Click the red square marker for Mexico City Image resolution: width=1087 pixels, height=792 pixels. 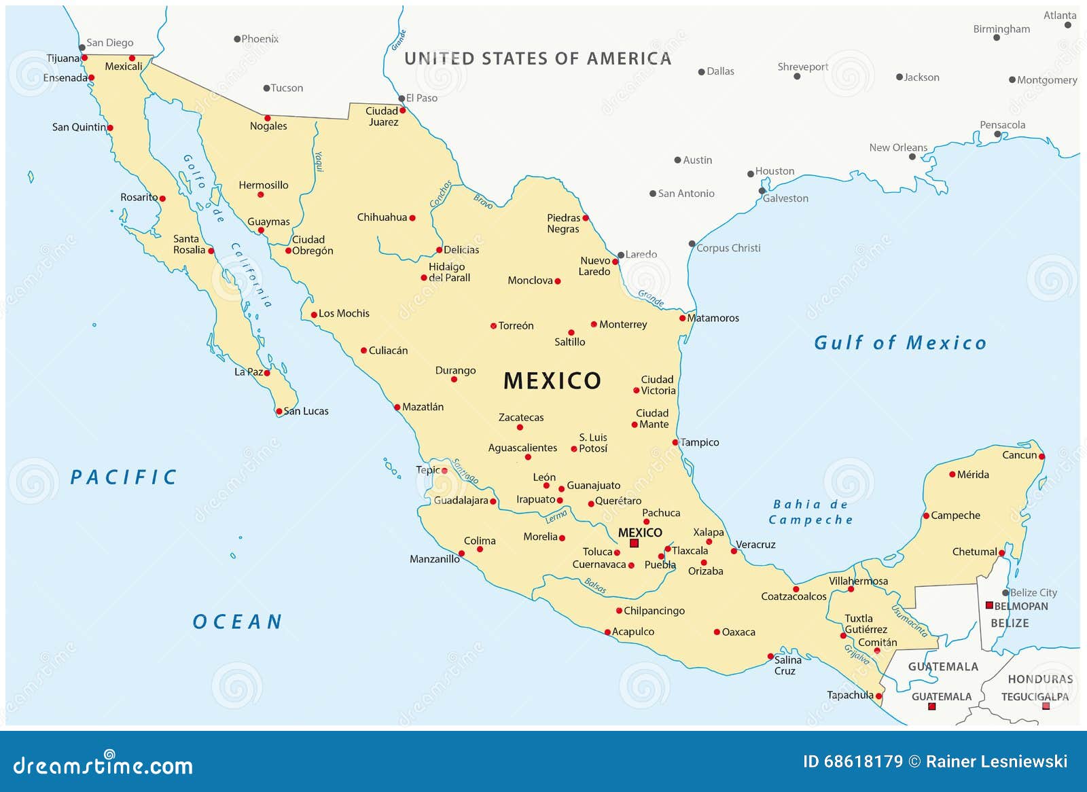point(634,543)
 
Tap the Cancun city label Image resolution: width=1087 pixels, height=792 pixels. point(1019,455)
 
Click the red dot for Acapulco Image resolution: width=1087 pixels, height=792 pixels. point(608,632)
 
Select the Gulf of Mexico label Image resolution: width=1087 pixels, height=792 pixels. point(900,343)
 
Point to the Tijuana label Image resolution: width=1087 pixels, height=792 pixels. point(63,58)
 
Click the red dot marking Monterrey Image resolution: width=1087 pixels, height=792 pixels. point(594,325)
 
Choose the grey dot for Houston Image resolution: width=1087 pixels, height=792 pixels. point(751,174)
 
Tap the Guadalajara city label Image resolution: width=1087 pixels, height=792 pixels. point(461,501)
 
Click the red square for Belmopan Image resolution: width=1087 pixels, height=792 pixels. point(989,605)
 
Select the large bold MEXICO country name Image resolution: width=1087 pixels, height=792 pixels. point(552,381)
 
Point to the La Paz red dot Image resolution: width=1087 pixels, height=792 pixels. point(267,373)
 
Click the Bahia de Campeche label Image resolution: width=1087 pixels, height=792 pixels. point(810,512)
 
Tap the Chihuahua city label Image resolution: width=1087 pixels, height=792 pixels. point(382,217)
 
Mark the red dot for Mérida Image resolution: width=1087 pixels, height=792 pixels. point(952,475)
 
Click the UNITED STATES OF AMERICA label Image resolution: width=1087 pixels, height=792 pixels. point(537,59)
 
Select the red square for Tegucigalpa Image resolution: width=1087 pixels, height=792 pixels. point(1046,706)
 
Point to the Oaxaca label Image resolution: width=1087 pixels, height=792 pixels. point(738,632)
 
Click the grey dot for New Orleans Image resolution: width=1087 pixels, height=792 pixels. point(912,157)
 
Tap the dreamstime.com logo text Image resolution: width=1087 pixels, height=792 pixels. point(103,766)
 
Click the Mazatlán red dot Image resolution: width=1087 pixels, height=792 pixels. point(397,408)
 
